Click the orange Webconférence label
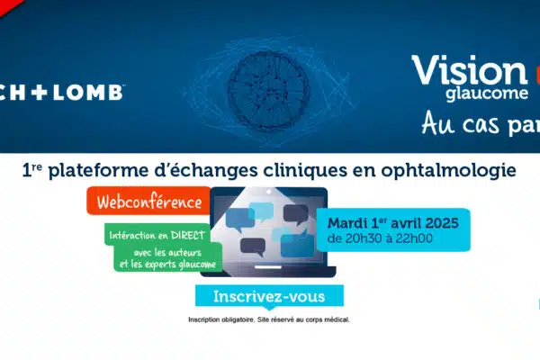(148, 202)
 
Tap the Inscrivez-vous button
(269, 296)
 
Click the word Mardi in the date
(347, 223)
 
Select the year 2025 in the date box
(442, 223)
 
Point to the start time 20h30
(359, 238)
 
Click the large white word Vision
(470, 70)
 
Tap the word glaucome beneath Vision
(487, 94)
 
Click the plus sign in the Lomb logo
(41, 92)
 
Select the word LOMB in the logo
(88, 93)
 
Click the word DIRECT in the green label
(188, 235)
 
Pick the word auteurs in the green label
(187, 253)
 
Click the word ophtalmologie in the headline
(448, 170)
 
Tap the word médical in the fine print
(338, 319)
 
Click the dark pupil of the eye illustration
(268, 91)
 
